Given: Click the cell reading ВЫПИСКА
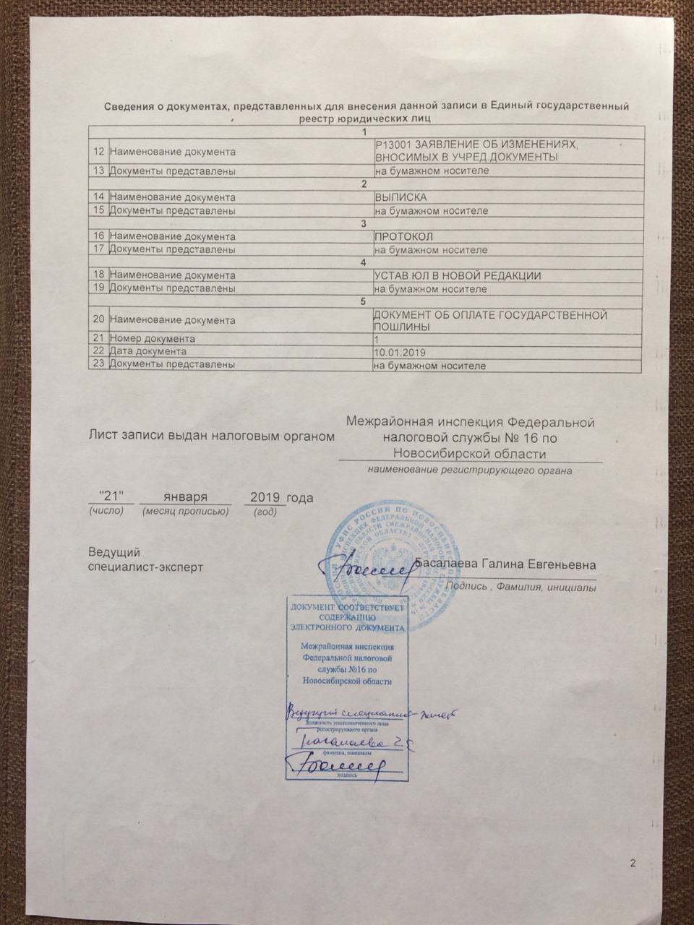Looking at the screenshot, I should point(400,197).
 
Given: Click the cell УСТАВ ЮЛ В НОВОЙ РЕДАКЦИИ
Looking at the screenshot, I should point(457,276).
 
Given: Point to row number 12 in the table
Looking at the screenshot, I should point(98,152).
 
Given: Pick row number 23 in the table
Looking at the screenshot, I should point(98,365).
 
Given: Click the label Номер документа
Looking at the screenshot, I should point(151,338).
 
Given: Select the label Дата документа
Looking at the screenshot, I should point(147,351).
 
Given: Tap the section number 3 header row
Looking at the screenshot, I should point(365,223).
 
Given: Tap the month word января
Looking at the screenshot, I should point(185,497).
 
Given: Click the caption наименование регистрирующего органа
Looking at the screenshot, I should point(470,470).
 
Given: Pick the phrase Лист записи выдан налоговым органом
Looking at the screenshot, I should point(212,436).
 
